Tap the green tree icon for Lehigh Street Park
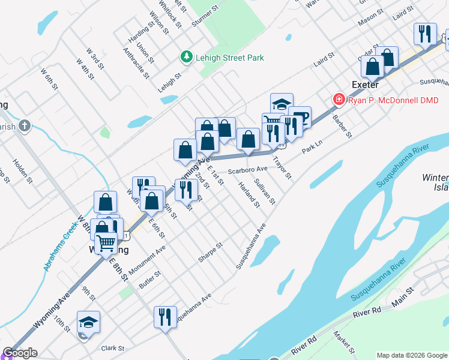click(x=186, y=57)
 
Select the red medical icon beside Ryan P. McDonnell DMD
click(x=339, y=100)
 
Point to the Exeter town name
click(x=364, y=85)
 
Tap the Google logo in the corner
click(x=20, y=353)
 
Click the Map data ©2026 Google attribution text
click(x=412, y=355)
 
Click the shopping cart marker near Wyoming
click(x=106, y=243)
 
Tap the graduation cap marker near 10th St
click(x=88, y=322)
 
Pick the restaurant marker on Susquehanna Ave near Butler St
click(x=165, y=316)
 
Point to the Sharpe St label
click(x=211, y=252)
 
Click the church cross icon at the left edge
click(x=24, y=125)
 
